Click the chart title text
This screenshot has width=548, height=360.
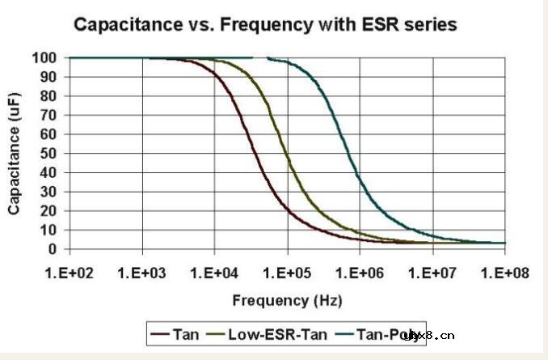point(265,25)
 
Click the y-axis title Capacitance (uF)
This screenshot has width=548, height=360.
point(15,152)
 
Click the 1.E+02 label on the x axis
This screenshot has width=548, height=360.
point(70,271)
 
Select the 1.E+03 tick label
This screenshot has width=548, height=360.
point(142,271)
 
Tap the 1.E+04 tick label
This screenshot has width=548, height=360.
point(215,271)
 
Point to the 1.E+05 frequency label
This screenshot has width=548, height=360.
point(288,271)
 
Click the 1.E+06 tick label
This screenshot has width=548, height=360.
point(360,271)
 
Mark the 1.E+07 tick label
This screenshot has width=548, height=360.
point(433,271)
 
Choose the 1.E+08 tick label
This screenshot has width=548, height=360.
point(504,271)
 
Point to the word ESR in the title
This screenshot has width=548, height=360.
point(391,25)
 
